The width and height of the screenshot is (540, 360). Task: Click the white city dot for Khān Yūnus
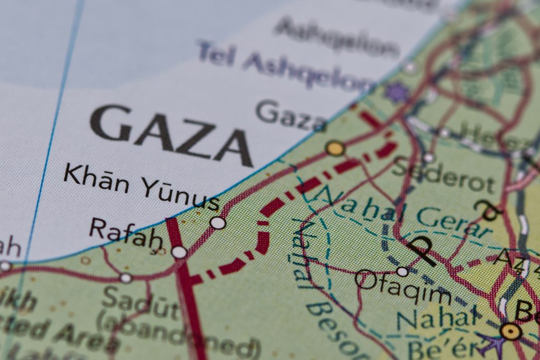pyautogui.click(x=218, y=222)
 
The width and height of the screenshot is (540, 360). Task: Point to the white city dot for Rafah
pyautogui.click(x=179, y=252)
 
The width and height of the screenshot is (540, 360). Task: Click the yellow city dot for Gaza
pyautogui.click(x=335, y=148)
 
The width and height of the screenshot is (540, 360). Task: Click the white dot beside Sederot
pyautogui.click(x=428, y=157)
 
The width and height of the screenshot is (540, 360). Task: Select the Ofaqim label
pyautogui.click(x=403, y=287)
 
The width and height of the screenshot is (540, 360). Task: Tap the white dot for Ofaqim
pyautogui.click(x=402, y=271)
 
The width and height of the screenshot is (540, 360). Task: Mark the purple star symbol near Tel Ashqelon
pyautogui.click(x=397, y=93)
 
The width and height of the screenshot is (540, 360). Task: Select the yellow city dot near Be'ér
pyautogui.click(x=510, y=331)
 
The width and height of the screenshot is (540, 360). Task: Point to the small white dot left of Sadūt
pyautogui.click(x=126, y=278)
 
